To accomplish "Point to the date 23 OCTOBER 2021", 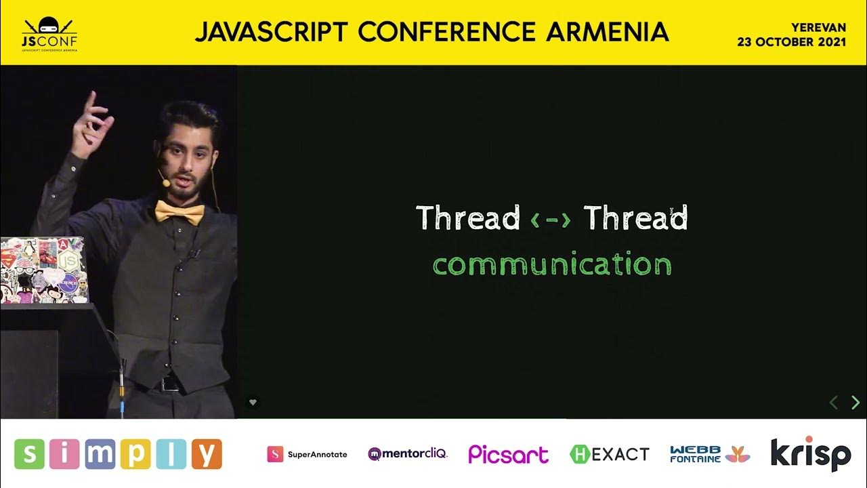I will (792, 42).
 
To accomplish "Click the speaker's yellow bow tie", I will (179, 211).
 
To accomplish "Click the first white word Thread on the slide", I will (467, 218).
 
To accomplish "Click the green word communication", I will (552, 264).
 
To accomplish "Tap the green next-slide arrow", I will (855, 403).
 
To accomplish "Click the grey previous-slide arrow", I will (834, 403).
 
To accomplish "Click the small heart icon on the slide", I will (253, 402).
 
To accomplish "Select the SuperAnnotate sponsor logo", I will (307, 454).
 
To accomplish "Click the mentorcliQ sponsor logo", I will (407, 453).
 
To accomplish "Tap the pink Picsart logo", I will (508, 454).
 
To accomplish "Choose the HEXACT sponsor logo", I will (610, 454).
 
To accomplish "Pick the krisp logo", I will (811, 453).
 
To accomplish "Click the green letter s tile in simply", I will (30, 454).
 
